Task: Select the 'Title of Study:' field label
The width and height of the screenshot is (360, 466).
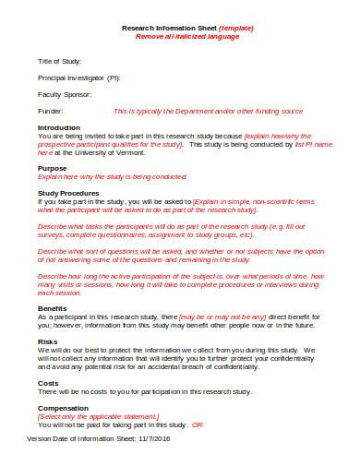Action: (x=60, y=60)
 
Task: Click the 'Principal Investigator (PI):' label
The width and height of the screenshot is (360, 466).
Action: (x=78, y=77)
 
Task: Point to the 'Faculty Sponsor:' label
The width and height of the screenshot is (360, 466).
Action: (x=65, y=93)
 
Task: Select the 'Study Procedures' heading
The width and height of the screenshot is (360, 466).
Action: (x=68, y=192)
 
